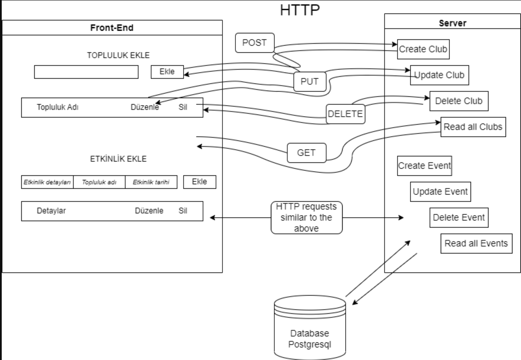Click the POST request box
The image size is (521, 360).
254,43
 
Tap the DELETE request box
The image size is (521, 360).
345,114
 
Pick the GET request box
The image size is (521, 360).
306,152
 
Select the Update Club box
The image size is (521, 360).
439,75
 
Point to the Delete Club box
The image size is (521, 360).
458,101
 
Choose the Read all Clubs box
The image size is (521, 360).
473,127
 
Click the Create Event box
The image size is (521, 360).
424,166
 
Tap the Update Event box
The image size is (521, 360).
440,191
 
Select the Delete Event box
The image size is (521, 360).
459,217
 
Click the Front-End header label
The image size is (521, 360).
112,28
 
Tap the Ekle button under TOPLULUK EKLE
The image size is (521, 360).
167,72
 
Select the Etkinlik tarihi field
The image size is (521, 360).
151,182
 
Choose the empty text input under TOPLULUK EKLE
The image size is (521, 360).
86,72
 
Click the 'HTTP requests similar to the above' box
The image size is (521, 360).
307,217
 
